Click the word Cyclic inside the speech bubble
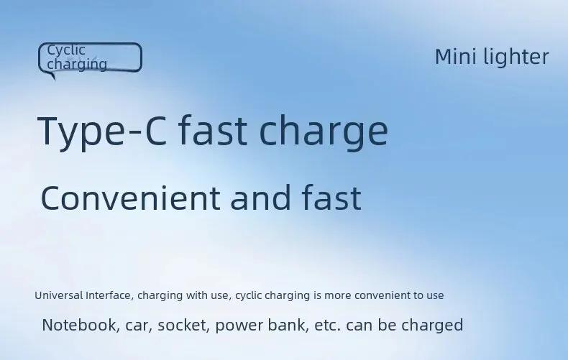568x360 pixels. pos(66,51)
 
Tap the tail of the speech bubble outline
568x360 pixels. pos(52,75)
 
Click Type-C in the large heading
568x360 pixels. pos(102,131)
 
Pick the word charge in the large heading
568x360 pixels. pos(324,131)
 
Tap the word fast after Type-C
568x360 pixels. pos(213,129)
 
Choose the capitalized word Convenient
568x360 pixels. pos(130,198)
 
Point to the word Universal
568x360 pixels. pos(59,295)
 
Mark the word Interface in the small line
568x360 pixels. pos(110,295)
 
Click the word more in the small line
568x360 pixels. pos(338,296)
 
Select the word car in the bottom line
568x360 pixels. pos(137,326)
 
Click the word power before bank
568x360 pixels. pos(239,326)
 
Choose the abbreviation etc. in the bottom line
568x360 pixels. pos(327,326)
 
